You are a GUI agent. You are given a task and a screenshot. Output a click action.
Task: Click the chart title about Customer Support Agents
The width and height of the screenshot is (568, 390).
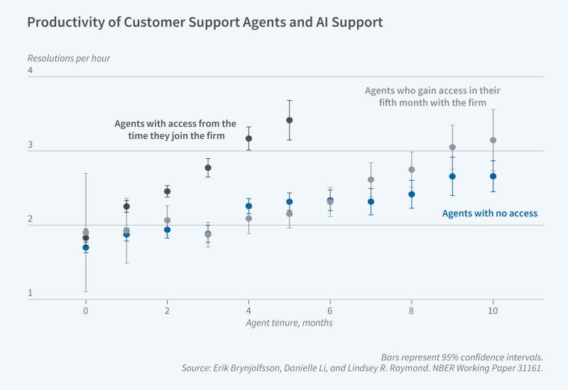coord(204,22)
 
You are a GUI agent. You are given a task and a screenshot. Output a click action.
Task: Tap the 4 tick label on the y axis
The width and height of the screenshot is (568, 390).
coord(31,71)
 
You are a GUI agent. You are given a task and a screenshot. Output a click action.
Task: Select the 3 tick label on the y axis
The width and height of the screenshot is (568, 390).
coord(31,145)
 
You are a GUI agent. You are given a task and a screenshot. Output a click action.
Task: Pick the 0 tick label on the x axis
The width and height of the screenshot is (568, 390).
coord(86,311)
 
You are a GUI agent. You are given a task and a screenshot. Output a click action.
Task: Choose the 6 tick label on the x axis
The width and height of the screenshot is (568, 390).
coord(329,311)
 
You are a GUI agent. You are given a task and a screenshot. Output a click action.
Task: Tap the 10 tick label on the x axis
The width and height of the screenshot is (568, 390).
coord(493,311)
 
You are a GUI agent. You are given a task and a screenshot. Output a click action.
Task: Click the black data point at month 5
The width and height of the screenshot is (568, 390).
coord(289,120)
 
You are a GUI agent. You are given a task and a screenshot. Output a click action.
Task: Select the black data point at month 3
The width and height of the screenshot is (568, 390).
coord(208,168)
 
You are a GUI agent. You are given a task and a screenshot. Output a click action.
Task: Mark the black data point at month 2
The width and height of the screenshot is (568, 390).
coord(168,191)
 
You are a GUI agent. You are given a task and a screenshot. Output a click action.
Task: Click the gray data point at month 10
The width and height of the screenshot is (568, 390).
coord(493,140)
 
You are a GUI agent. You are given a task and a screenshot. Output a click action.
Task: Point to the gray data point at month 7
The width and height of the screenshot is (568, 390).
coord(371,179)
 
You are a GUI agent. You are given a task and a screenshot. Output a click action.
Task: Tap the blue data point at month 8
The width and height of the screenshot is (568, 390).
coord(411,194)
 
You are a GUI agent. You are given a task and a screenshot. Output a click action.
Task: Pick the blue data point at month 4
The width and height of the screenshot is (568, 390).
coord(248,206)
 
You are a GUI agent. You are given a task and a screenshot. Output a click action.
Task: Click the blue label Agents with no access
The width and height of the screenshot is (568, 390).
coord(489,213)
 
